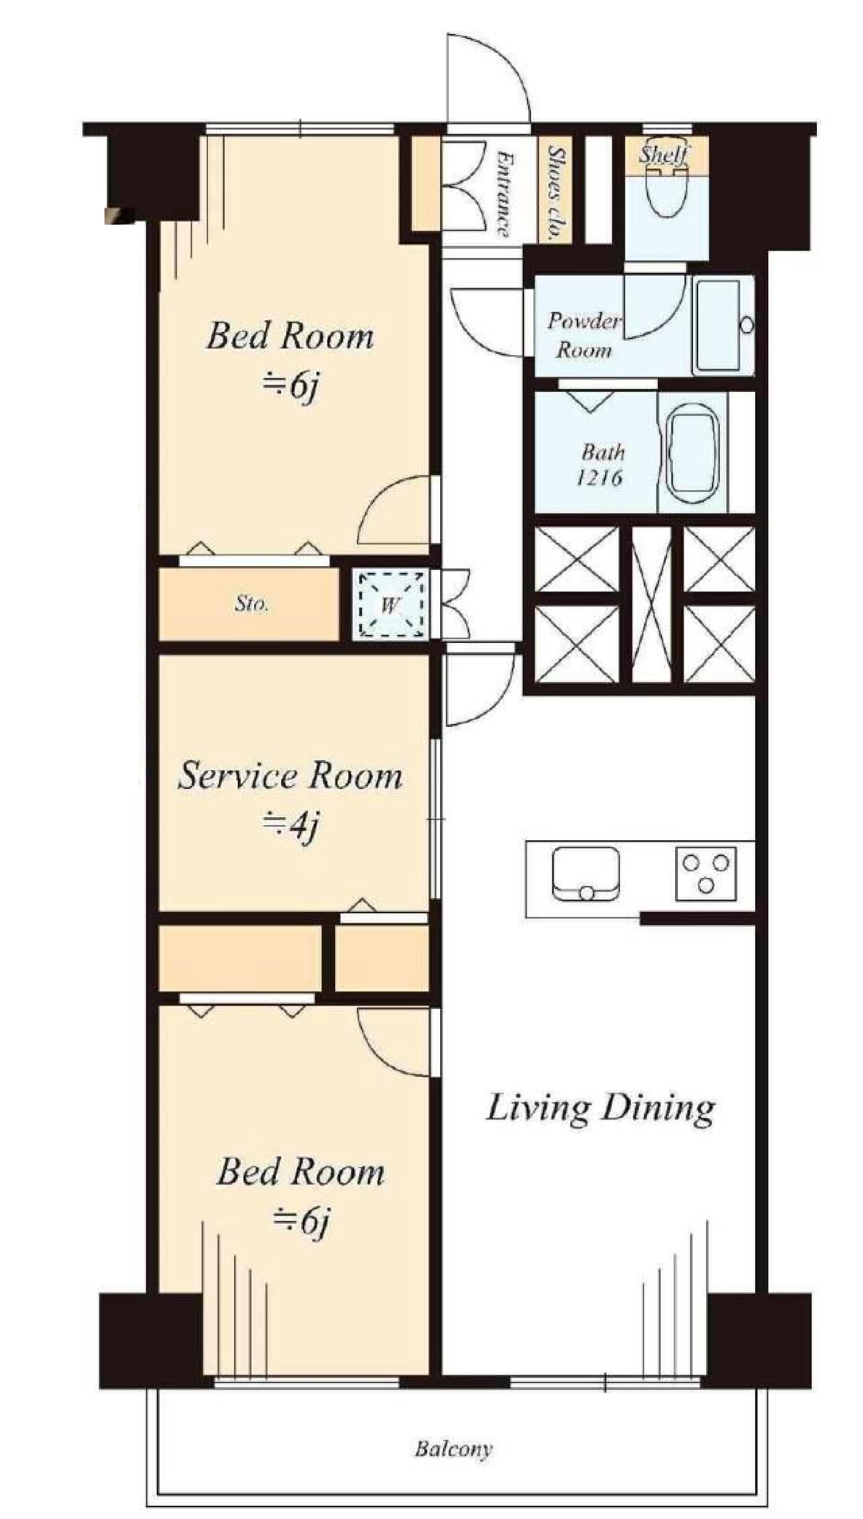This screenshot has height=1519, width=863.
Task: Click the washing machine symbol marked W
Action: [389, 604]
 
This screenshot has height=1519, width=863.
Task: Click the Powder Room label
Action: [584, 335]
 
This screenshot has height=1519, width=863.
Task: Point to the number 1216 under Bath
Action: [599, 477]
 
